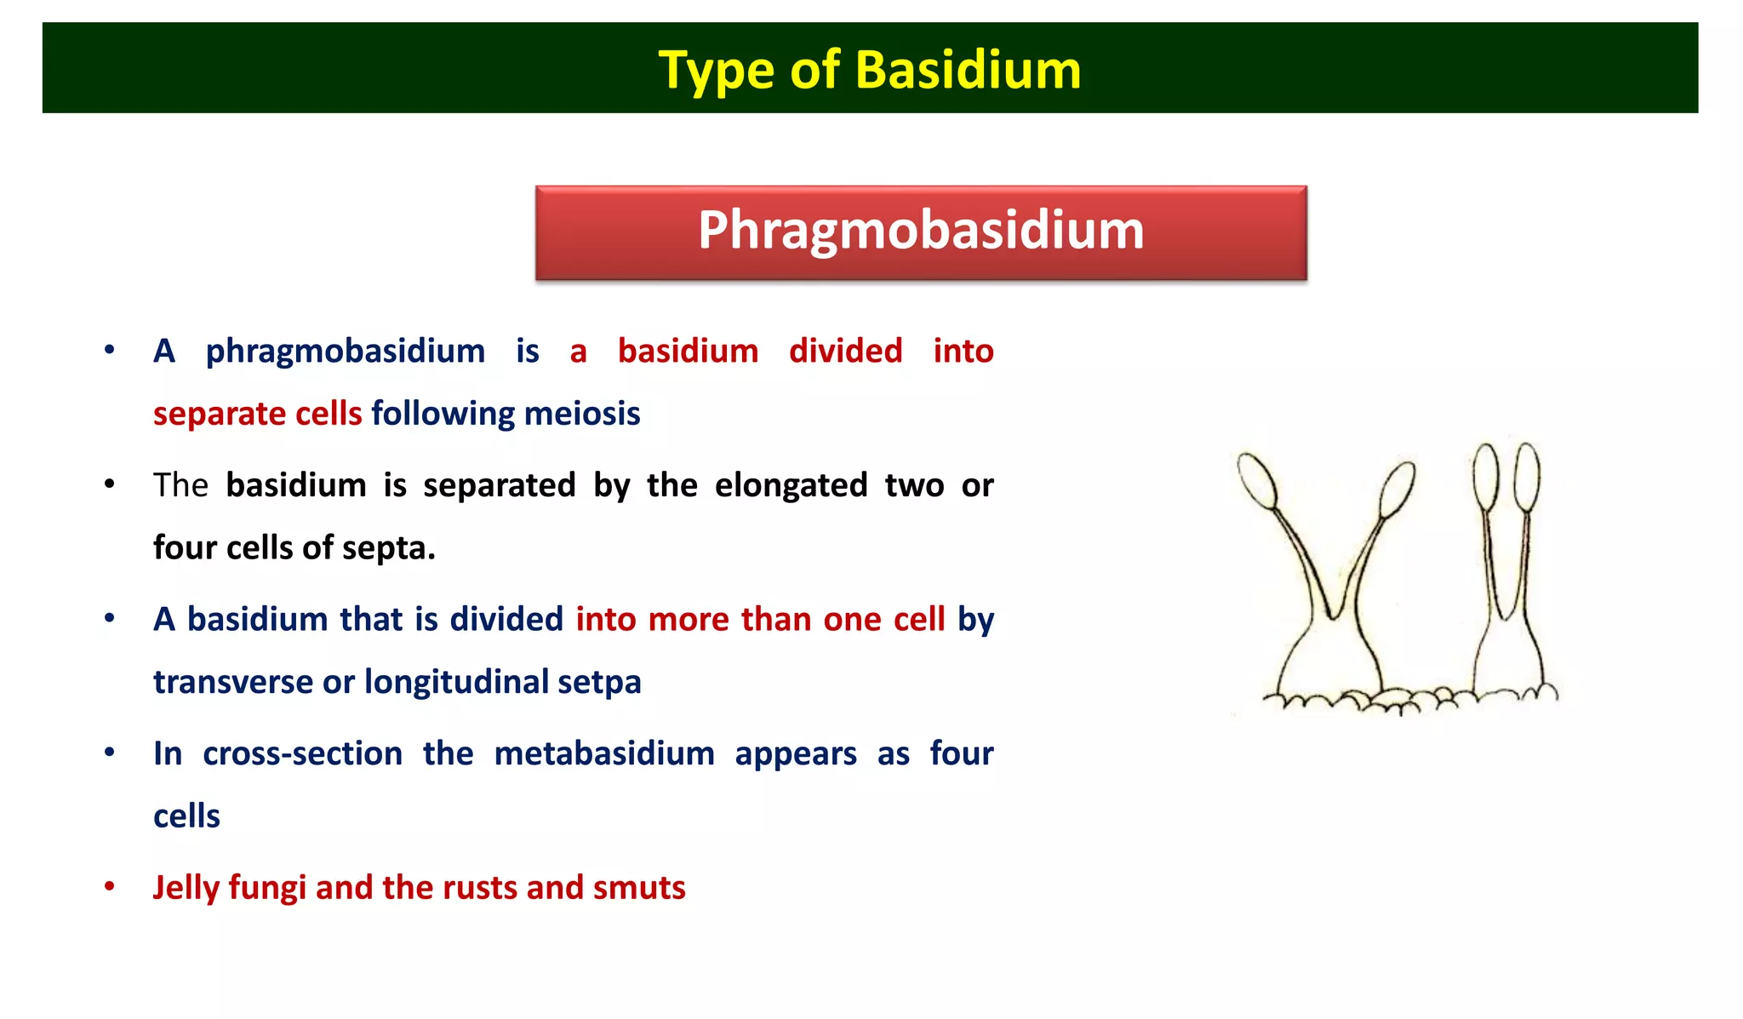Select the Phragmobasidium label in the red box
[x=921, y=231]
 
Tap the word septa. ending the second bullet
[x=389, y=548]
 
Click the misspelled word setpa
[x=599, y=682]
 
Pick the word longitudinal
[x=456, y=682]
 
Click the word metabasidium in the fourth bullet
[x=604, y=754]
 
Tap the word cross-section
[x=302, y=754]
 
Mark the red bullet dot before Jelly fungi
[x=110, y=887]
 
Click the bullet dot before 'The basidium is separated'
[x=110, y=484]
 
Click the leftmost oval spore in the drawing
[x=1258, y=481]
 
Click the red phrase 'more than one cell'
[x=760, y=620]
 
